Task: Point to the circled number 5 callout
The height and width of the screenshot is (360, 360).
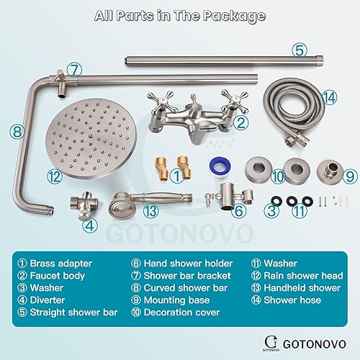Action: (299, 50)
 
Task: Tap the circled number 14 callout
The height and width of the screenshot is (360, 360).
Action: (330, 96)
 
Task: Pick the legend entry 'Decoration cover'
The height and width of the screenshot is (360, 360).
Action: (176, 312)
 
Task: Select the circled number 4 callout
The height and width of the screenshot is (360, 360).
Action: (89, 224)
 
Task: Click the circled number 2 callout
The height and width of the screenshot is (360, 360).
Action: (242, 123)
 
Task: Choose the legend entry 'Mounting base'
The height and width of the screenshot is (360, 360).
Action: (169, 300)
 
